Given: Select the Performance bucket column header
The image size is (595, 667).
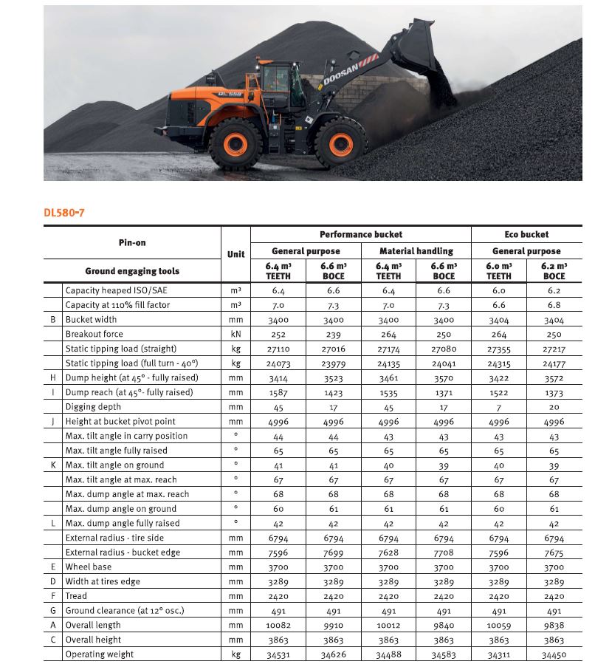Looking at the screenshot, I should [361, 234].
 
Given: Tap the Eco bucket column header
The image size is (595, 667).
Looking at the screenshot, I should [526, 234].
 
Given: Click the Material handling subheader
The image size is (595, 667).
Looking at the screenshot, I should [416, 251].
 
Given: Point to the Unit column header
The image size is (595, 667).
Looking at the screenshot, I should [235, 254].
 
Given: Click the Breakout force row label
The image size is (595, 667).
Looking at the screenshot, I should [95, 334].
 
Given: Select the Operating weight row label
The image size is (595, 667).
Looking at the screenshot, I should [100, 654].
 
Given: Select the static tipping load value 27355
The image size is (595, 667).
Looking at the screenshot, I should [499, 349].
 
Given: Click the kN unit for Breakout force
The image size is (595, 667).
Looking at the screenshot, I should [235, 334].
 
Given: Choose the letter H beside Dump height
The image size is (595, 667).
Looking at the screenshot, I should [53, 377].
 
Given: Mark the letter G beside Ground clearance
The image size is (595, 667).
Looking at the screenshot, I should [53, 610].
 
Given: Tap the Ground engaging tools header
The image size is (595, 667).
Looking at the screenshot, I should [132, 271].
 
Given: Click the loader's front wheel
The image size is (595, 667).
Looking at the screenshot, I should [340, 143].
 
